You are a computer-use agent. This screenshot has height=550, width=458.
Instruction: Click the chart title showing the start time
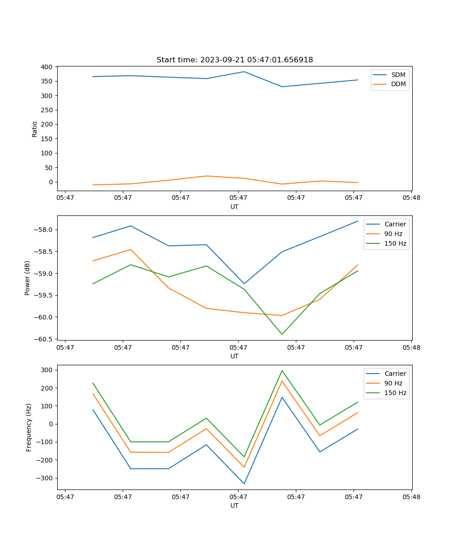point(234,60)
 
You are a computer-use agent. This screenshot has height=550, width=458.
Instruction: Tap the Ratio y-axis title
point(35,129)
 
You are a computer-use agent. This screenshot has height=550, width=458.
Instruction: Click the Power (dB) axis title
point(27,278)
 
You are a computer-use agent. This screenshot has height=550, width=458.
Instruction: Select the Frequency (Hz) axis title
point(28,427)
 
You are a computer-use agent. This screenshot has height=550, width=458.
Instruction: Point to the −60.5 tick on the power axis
point(44,339)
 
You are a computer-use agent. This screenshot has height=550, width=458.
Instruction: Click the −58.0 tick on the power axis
point(44,230)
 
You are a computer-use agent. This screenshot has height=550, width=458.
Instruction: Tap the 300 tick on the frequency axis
point(48,370)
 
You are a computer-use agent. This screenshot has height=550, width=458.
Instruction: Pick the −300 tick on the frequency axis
point(46,478)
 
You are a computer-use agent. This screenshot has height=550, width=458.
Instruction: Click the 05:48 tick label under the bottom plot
point(411,496)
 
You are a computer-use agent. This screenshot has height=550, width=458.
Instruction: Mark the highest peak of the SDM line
point(244,71)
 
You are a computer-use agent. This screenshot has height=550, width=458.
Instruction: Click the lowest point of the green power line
point(282,334)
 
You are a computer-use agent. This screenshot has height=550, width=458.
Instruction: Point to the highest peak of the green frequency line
point(282,370)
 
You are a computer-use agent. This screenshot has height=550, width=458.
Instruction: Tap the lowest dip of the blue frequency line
point(244,484)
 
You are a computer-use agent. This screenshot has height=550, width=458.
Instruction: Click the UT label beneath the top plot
point(234,207)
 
